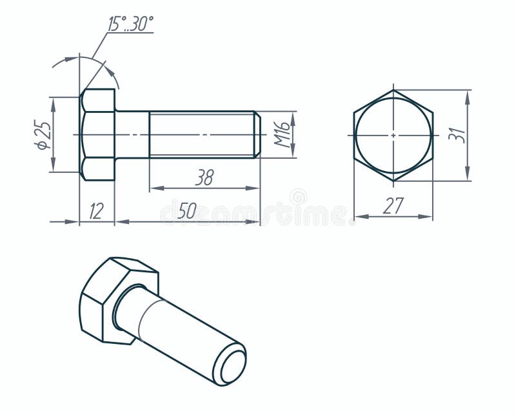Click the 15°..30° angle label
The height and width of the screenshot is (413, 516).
[x=130, y=25]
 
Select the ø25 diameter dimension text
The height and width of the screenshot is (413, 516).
[x=43, y=135]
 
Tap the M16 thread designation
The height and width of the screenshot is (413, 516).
[x=282, y=134]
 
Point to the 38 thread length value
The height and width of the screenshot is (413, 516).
[x=204, y=178]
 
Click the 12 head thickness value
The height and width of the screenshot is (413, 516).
[x=96, y=211]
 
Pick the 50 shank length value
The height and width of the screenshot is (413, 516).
[x=187, y=210]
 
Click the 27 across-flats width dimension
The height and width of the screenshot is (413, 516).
[x=393, y=206]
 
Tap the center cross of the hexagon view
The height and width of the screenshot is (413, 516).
[x=393, y=136]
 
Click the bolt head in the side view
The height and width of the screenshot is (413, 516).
[x=97, y=135]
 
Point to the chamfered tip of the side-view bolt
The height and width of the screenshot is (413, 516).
[x=257, y=135]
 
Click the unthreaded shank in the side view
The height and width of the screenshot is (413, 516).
[x=132, y=135]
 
